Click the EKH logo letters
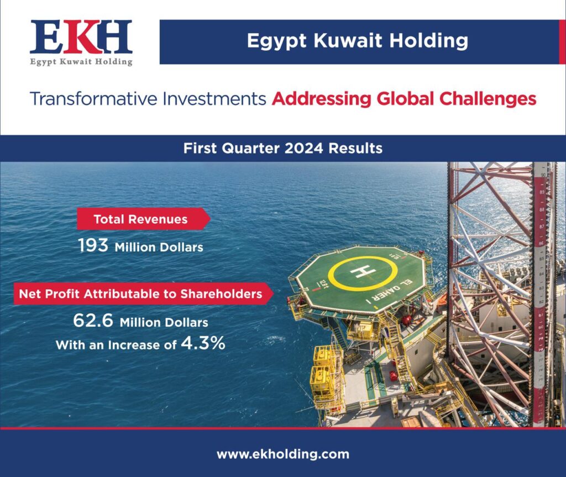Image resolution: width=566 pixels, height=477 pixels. pos(81,37)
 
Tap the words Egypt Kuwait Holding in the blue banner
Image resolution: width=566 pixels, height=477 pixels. pos(358,41)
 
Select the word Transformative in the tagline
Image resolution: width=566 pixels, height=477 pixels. pos(93,99)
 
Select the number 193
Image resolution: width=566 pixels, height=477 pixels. pos(93,246)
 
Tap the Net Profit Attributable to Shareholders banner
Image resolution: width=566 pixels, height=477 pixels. pos(143,294)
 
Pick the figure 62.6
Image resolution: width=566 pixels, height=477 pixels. pos(93,320)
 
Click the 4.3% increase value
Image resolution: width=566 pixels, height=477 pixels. pos(203,343)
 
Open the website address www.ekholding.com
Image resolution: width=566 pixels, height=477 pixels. pos(283,454)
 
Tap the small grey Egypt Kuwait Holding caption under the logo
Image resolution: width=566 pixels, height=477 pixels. pos(81,62)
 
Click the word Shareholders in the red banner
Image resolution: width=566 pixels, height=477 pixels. pos(221,294)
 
